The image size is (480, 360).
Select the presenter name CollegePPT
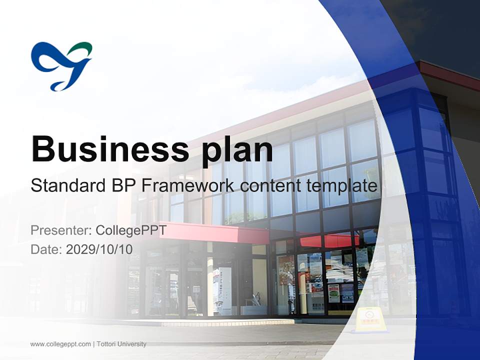pos(131,230)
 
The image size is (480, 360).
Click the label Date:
pos(46,248)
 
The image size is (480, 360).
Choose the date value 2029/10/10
pos(99,248)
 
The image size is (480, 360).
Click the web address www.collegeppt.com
pos(60,344)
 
